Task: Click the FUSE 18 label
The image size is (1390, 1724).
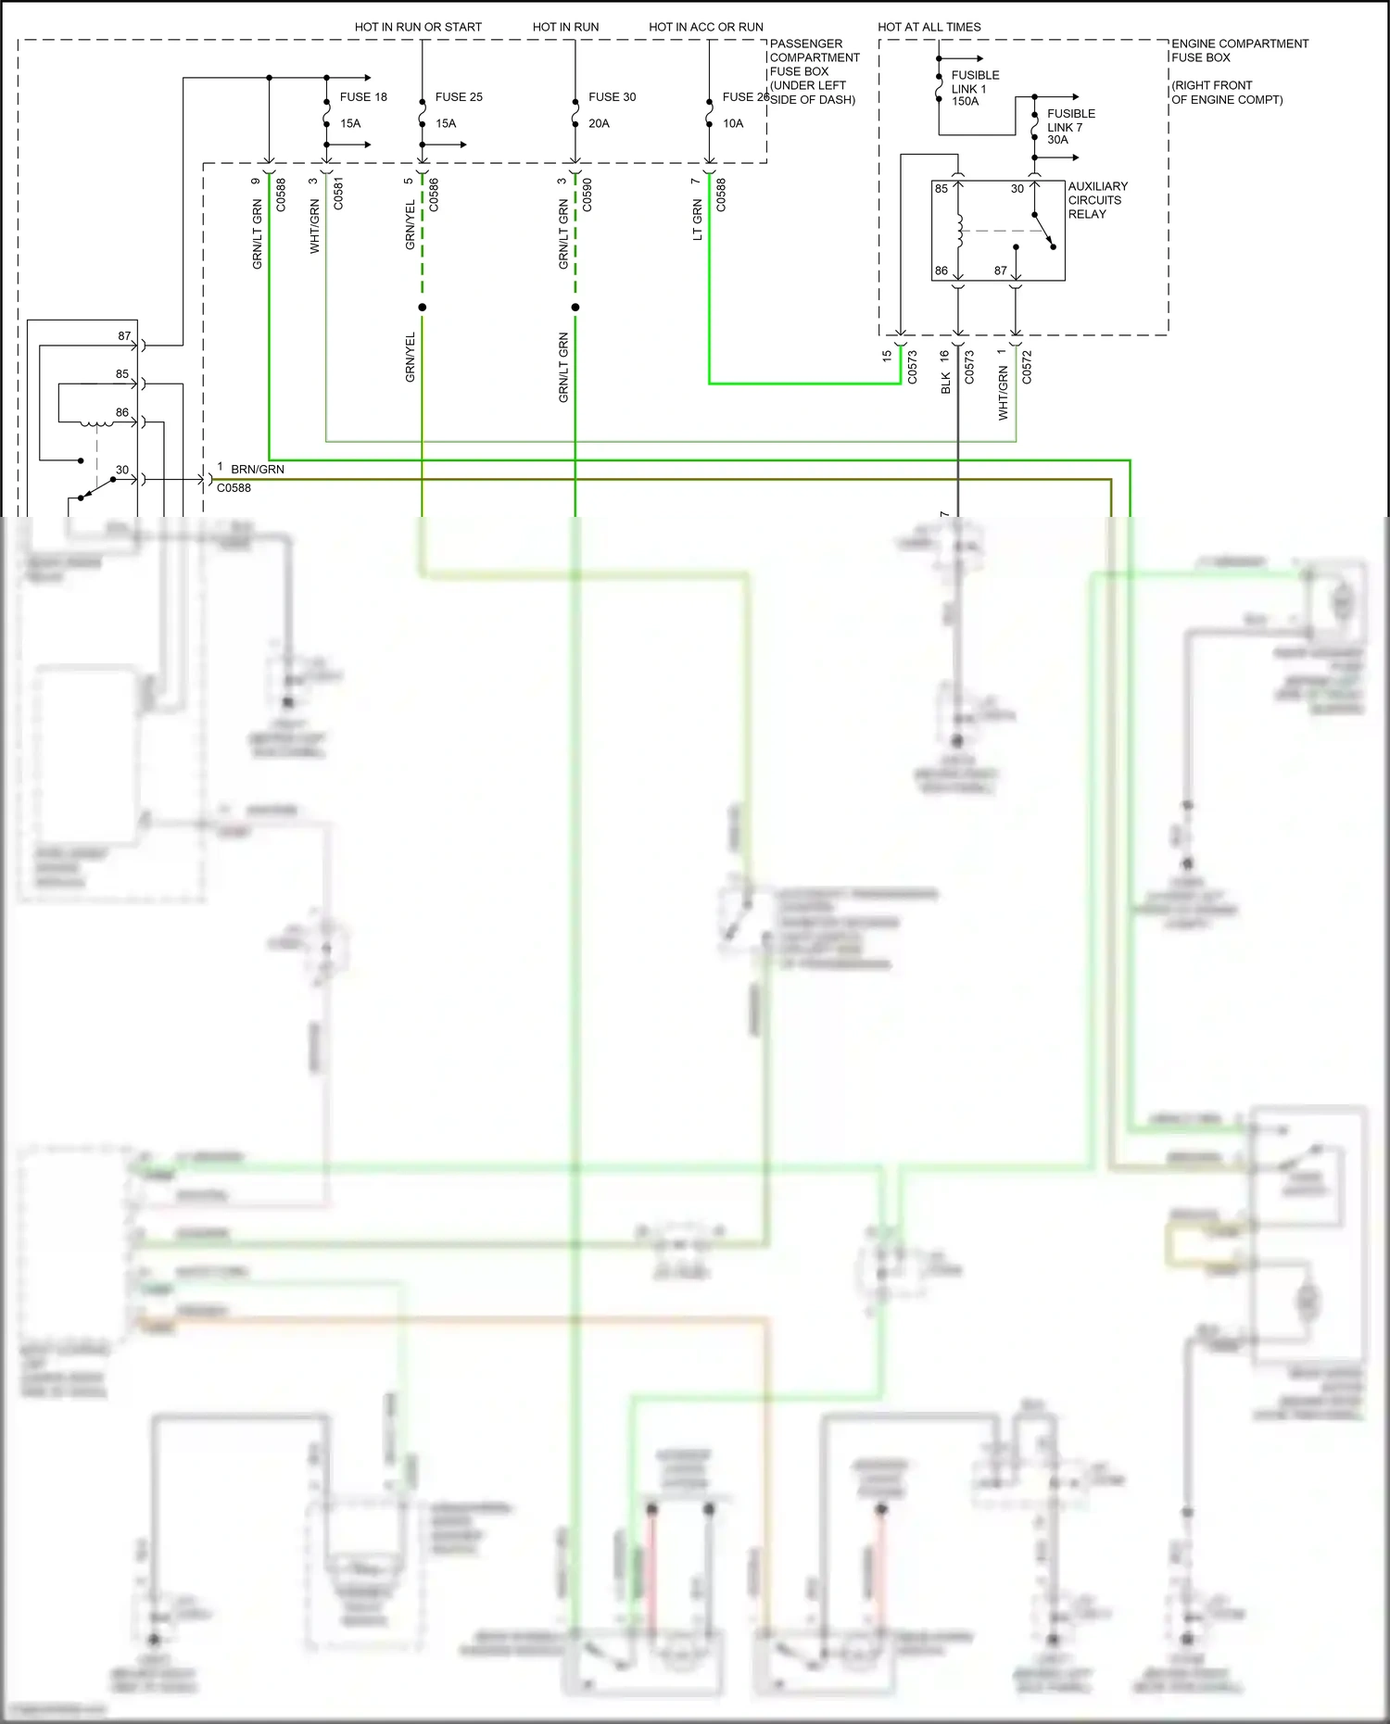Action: [363, 96]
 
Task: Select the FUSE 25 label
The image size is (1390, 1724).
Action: [459, 96]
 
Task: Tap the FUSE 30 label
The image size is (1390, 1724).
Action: [612, 96]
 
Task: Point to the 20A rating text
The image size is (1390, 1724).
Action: [599, 123]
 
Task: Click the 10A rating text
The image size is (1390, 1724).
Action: [733, 123]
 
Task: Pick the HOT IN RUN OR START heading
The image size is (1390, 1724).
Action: [418, 27]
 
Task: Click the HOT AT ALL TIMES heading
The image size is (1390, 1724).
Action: [929, 27]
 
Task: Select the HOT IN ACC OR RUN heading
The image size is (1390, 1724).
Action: [706, 27]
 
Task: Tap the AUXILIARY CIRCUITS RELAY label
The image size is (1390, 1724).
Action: [1097, 200]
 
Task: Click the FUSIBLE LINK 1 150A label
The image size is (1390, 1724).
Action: [974, 88]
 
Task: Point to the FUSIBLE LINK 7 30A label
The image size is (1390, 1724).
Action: [1070, 126]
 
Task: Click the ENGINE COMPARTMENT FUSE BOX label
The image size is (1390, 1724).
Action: [1239, 50]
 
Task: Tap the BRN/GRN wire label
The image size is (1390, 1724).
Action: [258, 469]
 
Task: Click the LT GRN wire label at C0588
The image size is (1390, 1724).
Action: [698, 220]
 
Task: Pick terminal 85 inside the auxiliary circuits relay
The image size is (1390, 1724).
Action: [941, 189]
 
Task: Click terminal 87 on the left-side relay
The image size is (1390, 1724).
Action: [124, 336]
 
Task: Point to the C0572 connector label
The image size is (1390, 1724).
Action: [1027, 367]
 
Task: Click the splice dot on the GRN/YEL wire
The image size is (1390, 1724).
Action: [422, 308]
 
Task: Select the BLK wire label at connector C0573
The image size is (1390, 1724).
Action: [946, 384]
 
